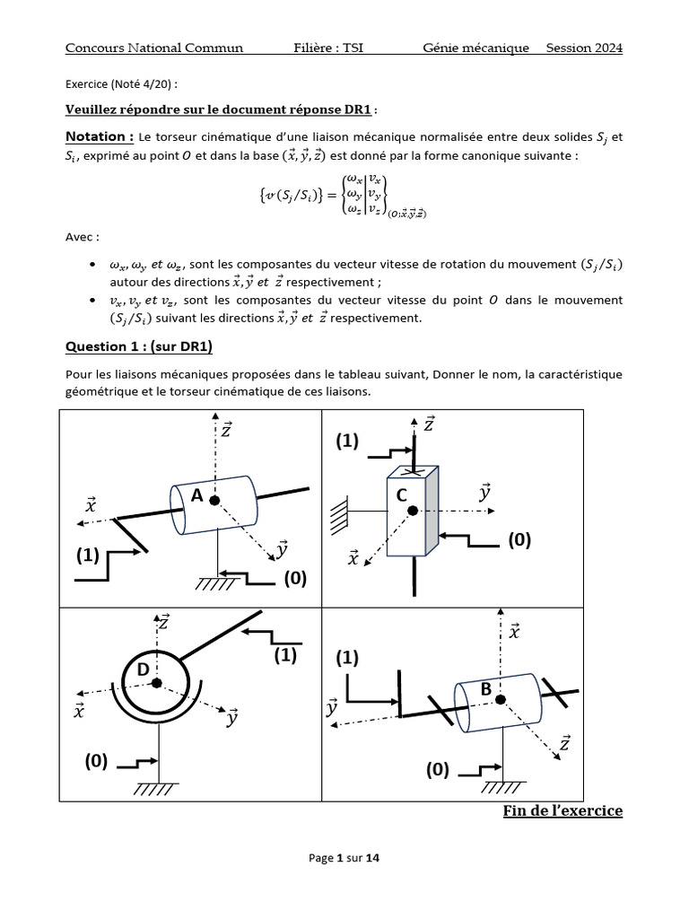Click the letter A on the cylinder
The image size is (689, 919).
[196, 494]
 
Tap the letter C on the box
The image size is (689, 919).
[401, 495]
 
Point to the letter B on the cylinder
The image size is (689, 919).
[485, 689]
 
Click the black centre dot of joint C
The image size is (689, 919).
[413, 511]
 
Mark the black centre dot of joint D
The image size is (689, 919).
[158, 683]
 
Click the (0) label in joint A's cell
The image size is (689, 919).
[296, 579]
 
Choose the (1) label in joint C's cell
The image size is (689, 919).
[347, 441]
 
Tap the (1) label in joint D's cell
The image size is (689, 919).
[284, 656]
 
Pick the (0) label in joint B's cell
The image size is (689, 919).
[438, 769]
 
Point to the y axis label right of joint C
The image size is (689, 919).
[484, 492]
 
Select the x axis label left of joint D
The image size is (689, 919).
[80, 712]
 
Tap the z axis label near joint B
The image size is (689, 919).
[564, 742]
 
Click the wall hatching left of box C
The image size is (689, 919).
[340, 512]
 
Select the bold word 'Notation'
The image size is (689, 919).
[99, 136]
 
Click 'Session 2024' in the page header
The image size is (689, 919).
[584, 48]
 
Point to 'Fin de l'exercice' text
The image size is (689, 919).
[563, 811]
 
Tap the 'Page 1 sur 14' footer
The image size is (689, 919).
[344, 858]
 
